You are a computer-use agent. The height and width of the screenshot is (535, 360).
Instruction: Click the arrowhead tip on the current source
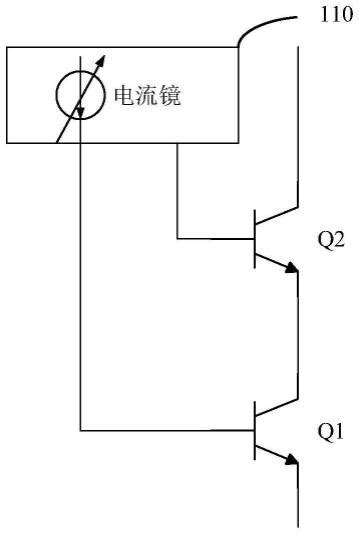[x=102, y=56]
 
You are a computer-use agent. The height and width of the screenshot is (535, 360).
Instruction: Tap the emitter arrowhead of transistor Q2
[x=291, y=267]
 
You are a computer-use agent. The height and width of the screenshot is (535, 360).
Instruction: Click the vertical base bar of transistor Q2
[x=254, y=239]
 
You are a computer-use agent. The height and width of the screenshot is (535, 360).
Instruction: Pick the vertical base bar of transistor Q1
[x=254, y=432]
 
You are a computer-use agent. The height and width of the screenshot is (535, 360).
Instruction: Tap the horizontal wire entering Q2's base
[x=215, y=239]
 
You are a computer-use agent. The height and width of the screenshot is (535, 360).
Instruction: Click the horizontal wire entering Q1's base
[x=165, y=432]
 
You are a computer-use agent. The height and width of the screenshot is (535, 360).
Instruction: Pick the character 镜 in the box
[x=177, y=97]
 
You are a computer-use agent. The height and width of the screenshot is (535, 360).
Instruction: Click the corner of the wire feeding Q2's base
[x=177, y=239]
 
